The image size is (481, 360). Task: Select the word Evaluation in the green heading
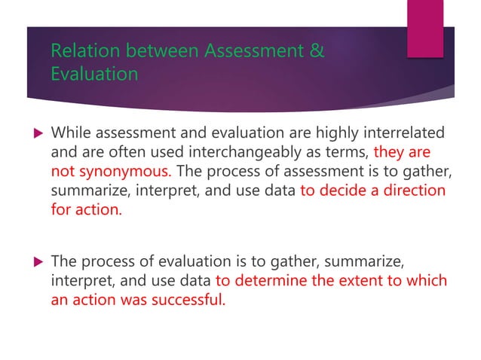[x=94, y=75]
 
